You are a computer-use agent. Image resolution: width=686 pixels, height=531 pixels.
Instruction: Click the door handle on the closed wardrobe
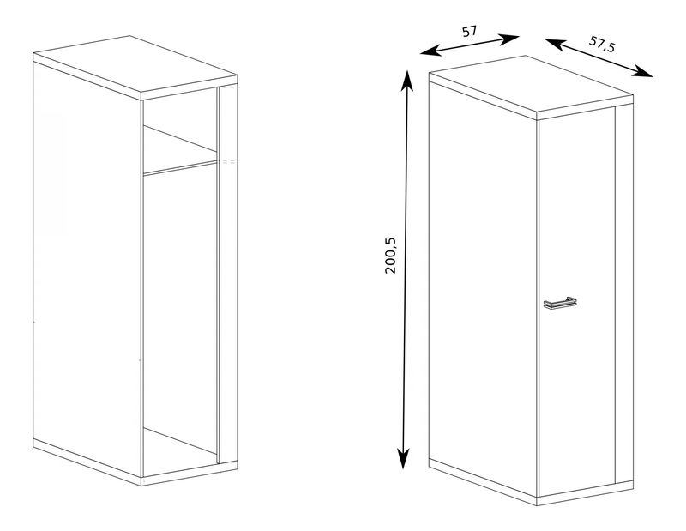pos(560,303)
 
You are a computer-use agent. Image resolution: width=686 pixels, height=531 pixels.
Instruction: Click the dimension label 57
pos(469,32)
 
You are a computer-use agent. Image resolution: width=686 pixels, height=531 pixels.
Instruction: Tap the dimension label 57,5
pos(602,44)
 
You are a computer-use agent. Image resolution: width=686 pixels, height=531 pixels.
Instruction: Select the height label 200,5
pos(390,256)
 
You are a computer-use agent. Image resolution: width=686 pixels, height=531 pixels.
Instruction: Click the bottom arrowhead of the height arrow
pos(403,459)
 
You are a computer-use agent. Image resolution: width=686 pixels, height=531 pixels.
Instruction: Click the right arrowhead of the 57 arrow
pos(509,39)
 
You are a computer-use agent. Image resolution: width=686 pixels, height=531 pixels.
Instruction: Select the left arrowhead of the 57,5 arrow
pos(555,43)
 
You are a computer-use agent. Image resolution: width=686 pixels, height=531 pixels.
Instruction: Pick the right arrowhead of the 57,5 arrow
pos(643,72)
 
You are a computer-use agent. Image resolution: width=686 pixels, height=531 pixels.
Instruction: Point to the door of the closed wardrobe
pos(576,302)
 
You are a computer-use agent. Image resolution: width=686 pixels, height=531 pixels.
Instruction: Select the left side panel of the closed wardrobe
pos(483,287)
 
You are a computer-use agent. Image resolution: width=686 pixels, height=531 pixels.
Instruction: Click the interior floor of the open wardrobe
pos(179,453)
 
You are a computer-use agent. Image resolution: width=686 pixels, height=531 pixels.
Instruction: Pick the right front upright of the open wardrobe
pos(227,274)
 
